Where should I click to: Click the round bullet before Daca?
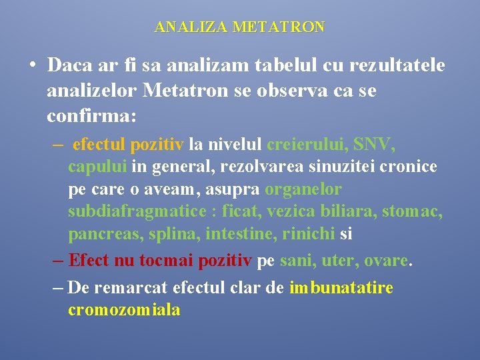(32, 66)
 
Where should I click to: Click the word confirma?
(91, 116)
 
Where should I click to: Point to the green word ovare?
(385, 260)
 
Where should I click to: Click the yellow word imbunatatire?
(341, 288)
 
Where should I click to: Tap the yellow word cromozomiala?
(124, 311)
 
